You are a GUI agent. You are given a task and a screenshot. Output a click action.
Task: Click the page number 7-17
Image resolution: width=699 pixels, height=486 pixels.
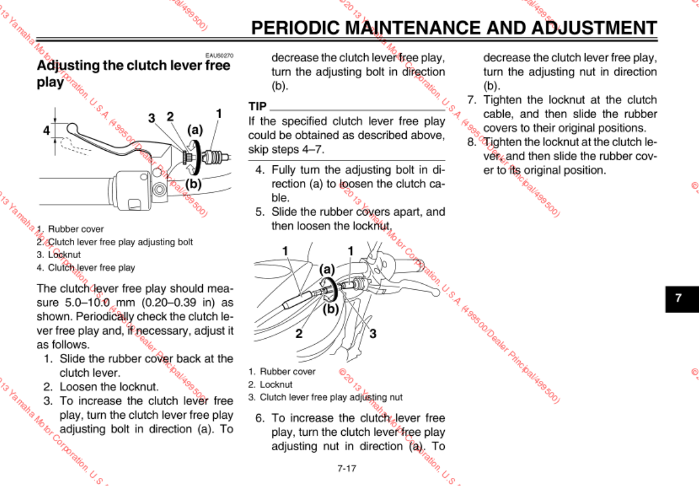click(347, 468)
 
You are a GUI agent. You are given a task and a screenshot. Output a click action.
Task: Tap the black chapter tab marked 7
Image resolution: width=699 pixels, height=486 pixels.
click(678, 297)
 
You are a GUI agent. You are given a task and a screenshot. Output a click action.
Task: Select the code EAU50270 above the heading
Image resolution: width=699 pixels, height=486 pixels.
click(219, 55)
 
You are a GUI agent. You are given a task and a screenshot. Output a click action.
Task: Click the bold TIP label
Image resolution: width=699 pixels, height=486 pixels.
click(257, 106)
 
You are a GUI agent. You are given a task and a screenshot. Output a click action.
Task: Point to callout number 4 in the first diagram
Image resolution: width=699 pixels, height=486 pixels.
click(46, 131)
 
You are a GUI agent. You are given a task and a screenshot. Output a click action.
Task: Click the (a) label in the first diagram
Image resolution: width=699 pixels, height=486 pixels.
click(195, 130)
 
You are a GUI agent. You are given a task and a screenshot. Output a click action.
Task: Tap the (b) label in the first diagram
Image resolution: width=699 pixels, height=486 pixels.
click(193, 183)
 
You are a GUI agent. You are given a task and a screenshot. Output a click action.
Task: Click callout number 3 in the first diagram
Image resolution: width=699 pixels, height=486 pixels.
click(152, 118)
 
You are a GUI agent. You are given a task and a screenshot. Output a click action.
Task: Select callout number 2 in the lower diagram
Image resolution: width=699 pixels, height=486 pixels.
click(299, 334)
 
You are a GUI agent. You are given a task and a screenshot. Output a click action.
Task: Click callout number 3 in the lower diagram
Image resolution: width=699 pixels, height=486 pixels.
click(372, 334)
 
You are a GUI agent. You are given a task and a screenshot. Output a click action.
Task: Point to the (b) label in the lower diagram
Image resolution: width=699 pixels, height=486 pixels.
click(331, 309)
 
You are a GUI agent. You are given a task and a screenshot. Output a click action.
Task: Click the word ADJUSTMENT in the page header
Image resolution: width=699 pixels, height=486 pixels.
click(586, 28)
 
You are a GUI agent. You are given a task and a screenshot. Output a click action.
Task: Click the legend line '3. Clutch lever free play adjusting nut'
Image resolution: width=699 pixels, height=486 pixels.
click(325, 397)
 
